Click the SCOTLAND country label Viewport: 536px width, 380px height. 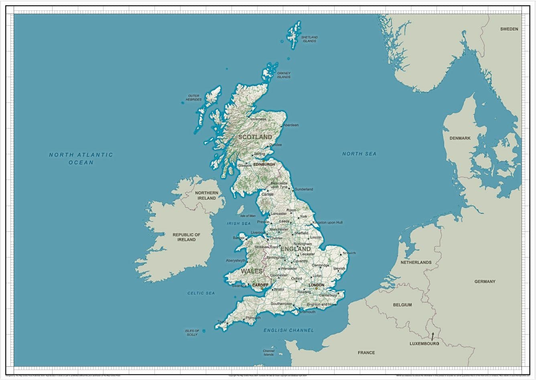pyautogui.click(x=255, y=137)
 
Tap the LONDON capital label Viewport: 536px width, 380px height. pyautogui.click(x=316, y=285)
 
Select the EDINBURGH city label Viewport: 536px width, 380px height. pyautogui.click(x=264, y=164)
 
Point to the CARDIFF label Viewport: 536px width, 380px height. pyautogui.click(x=260, y=285)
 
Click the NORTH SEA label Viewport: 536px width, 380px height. pyautogui.click(x=359, y=154)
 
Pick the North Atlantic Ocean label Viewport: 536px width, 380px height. pyautogui.click(x=81, y=159)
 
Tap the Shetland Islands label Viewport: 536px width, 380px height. pyautogui.click(x=309, y=39)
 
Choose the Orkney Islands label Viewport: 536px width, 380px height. pyautogui.click(x=284, y=75)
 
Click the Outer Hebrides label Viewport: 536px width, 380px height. pyautogui.click(x=193, y=98)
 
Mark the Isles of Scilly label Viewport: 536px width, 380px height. pyautogui.click(x=192, y=333)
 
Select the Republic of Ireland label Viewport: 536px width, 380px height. pyautogui.click(x=187, y=237)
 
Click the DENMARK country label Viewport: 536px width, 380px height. pyautogui.click(x=460, y=138)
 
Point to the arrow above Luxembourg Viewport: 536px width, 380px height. pyautogui.click(x=432, y=336)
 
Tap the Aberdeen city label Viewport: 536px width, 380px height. pyautogui.click(x=291, y=125)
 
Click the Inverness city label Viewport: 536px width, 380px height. pyautogui.click(x=258, y=119)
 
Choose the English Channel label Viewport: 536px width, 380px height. pyautogui.click(x=288, y=330)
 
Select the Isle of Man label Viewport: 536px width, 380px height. pyautogui.click(x=248, y=216)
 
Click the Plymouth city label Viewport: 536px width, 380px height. pyautogui.click(x=253, y=318)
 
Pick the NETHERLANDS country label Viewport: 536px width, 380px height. pyautogui.click(x=416, y=262)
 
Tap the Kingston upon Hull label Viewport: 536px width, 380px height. pyautogui.click(x=327, y=222)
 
